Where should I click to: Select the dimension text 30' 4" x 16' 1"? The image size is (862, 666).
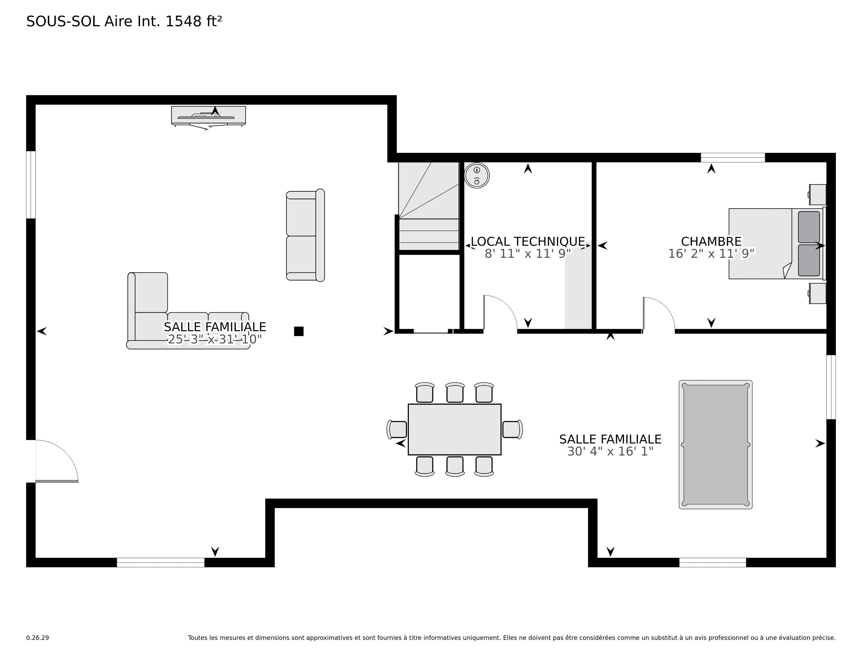[610, 451]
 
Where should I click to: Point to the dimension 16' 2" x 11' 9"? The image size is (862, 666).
[711, 253]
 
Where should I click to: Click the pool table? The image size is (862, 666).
[715, 445]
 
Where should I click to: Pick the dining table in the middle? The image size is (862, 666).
[454, 429]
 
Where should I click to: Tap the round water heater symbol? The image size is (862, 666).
[477, 176]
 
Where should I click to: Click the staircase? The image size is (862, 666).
[429, 206]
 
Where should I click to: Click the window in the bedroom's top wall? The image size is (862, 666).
[733, 157]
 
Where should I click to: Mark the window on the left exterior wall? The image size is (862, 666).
[31, 185]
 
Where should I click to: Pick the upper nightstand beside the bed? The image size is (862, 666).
[817, 195]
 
